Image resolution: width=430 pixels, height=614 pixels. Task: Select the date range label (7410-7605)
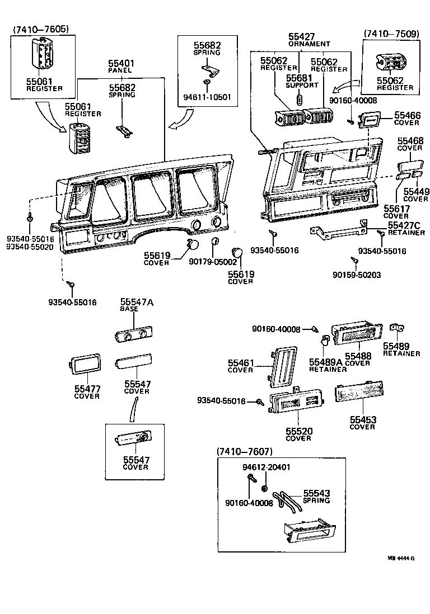[x=40, y=29]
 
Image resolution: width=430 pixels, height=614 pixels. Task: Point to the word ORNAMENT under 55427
[x=309, y=44]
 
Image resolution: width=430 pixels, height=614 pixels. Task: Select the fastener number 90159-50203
[x=357, y=275]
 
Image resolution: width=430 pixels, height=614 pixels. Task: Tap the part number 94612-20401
[x=267, y=467]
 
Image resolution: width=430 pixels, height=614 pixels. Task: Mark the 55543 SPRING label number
[x=317, y=493]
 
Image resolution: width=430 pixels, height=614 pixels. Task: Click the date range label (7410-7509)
[x=391, y=34]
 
